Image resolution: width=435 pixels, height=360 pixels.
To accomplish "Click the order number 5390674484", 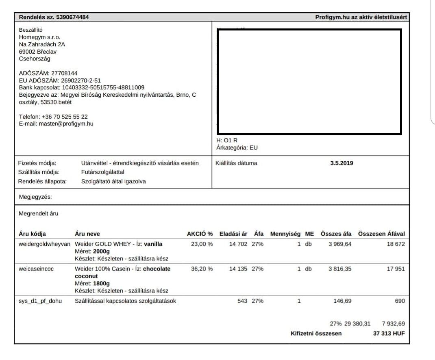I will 71,17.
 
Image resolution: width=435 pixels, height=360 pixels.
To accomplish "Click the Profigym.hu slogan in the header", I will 361,17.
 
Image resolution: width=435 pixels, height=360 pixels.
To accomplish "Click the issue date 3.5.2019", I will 341,163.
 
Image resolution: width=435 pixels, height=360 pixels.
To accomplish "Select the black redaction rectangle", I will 309,82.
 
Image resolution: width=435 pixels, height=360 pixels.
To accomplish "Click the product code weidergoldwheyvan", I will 44,244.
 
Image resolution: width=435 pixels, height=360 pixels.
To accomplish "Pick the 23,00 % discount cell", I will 202,244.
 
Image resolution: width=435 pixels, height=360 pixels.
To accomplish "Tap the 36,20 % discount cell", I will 202,269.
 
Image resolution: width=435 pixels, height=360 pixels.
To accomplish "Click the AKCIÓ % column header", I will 200,234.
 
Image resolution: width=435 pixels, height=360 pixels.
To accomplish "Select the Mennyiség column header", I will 285,234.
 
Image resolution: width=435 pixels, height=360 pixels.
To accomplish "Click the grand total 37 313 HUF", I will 389,334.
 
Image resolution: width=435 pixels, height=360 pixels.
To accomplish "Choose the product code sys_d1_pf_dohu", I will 40,301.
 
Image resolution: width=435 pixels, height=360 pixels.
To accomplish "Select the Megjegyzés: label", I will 35,197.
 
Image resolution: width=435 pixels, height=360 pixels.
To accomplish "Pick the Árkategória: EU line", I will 237,148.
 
